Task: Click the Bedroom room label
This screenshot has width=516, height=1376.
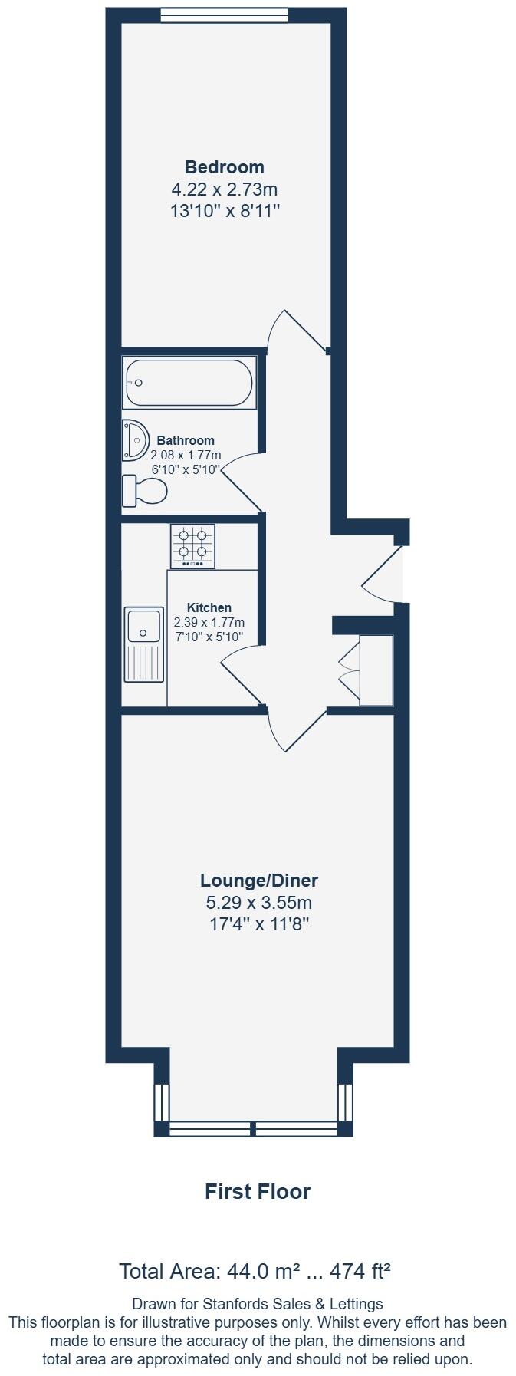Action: [x=224, y=167]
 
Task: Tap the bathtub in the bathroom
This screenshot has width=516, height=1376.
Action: [x=189, y=384]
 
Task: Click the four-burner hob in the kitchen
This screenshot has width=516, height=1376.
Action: [x=192, y=546]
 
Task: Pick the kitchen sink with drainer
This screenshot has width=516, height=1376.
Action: [x=144, y=644]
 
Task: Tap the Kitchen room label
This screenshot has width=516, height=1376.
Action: [x=209, y=607]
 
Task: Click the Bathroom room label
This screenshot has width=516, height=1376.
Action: [x=186, y=440]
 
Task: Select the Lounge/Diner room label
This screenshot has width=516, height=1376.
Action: [x=259, y=881]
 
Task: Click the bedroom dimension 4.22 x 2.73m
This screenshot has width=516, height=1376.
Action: [x=224, y=189]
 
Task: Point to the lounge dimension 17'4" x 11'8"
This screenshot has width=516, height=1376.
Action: [x=259, y=924]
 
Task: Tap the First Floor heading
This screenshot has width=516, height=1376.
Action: [x=258, y=1191]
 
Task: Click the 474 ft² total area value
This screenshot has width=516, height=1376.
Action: [x=360, y=1271]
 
